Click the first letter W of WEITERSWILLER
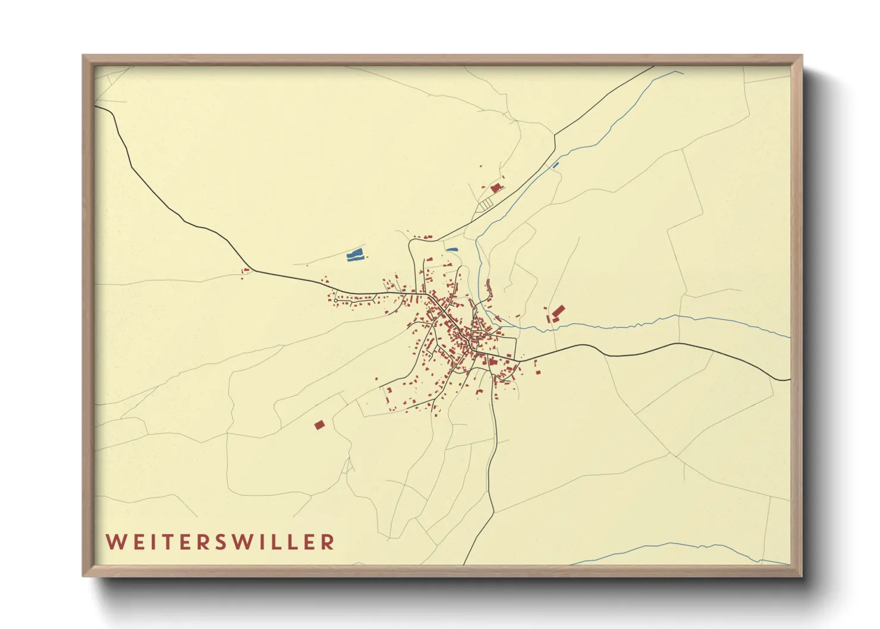(x=115, y=542)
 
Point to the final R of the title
(x=328, y=542)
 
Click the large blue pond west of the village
(x=355, y=256)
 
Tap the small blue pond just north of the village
(x=452, y=250)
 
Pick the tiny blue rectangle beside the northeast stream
(x=557, y=165)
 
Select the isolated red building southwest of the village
(x=320, y=424)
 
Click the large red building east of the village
(x=558, y=311)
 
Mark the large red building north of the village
(x=496, y=188)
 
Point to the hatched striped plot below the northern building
(x=486, y=204)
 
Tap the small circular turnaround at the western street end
(x=336, y=301)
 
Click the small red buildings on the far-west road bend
(x=245, y=271)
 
